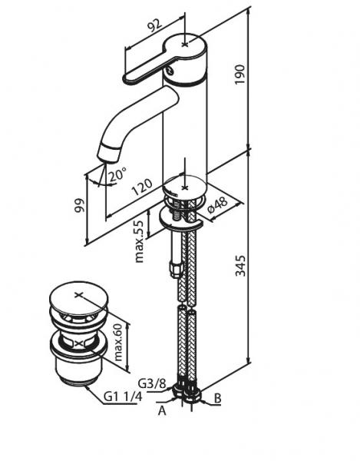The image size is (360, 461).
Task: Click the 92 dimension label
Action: [x=154, y=25]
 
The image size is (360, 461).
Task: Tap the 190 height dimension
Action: [x=240, y=75]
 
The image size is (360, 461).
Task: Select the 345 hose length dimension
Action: [x=241, y=266]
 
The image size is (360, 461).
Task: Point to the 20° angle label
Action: [x=117, y=174]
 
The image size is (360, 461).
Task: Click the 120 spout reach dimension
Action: [x=142, y=187]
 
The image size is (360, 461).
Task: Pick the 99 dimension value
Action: [x=80, y=205]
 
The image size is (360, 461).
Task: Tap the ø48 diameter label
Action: [x=217, y=205]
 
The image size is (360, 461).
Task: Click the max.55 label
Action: [x=139, y=240]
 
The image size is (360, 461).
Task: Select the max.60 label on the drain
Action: [x=117, y=342]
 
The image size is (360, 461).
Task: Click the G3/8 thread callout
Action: [x=152, y=383]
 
